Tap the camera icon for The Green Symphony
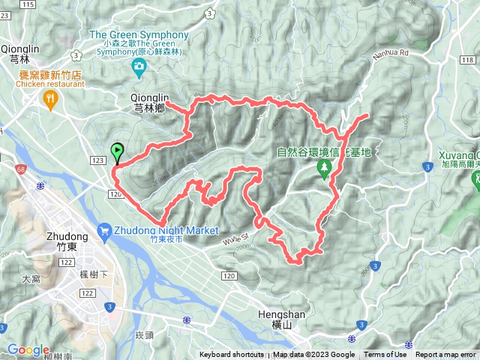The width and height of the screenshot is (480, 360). point(139,69)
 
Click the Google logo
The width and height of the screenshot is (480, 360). point(28,349)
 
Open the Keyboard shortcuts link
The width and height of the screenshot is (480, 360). point(231,355)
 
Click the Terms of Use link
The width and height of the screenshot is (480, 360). point(385,355)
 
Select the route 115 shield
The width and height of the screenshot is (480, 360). point(28,4)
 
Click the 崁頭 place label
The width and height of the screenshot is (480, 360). point(144,334)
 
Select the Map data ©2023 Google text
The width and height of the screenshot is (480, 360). point(313,355)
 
